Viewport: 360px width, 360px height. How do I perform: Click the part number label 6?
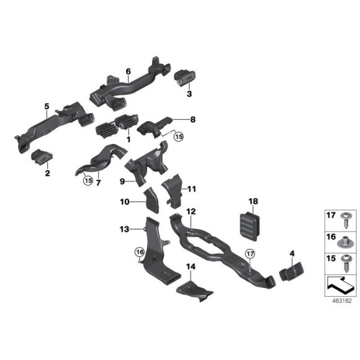pos(128,71)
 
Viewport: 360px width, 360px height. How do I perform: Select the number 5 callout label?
pos(46,107)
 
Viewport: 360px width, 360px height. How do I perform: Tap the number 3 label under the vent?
pos(190,94)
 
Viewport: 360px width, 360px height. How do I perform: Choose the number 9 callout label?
pos(122,181)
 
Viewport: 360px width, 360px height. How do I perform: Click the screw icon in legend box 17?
pos(344,218)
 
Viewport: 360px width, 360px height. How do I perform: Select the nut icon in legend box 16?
pos(344,239)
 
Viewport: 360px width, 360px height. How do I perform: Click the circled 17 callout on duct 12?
pos(250,253)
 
